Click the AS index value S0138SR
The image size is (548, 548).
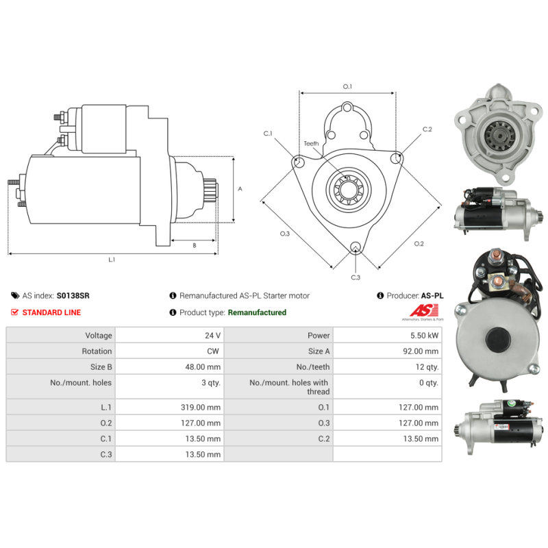pos(73,296)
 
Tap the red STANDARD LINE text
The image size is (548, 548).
pos(52,312)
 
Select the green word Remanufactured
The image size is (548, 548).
pos(257,312)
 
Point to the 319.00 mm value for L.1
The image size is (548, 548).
pos(201,407)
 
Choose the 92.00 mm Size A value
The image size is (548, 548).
pos(421,351)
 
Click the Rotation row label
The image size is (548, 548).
pos(97,351)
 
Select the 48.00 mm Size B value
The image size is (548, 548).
pos(203,367)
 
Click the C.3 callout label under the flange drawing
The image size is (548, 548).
pos(356,277)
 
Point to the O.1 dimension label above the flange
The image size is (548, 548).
pos(347,86)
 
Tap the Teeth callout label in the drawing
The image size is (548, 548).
pos(311,144)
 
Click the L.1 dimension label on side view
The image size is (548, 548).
pos(112,260)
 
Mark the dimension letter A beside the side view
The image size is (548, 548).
pos(240,189)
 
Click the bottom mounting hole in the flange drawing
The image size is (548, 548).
pos(356,247)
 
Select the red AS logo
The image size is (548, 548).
pos(423,310)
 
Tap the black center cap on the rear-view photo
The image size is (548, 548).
pos(498,338)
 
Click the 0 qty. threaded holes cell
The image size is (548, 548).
pos(429,383)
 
